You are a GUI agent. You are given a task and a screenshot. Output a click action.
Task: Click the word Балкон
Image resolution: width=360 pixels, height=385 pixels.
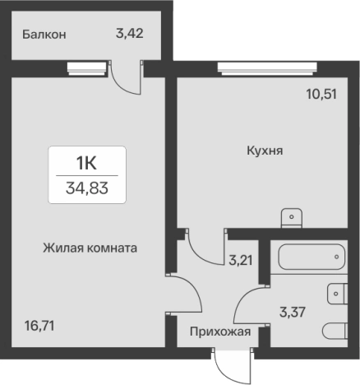tap(44, 35)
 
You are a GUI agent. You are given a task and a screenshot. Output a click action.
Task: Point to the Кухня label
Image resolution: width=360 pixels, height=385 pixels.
tap(265, 151)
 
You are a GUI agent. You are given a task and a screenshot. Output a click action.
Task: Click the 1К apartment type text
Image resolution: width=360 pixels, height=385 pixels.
tap(86, 161)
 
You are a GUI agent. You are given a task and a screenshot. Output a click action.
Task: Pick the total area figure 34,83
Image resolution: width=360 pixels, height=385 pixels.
tap(86, 188)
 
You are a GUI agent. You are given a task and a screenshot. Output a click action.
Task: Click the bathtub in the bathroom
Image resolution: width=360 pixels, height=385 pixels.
tap(311, 257)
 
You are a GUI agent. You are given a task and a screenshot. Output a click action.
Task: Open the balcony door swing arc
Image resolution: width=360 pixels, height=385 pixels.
tap(123, 81)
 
